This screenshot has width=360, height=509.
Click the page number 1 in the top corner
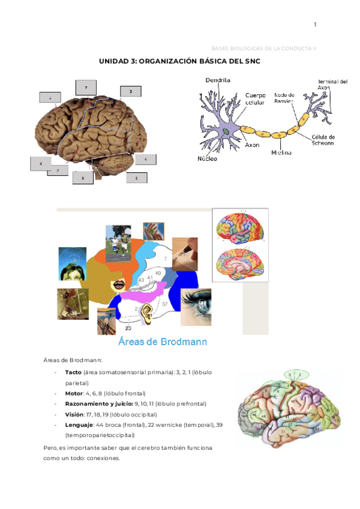click(315, 25)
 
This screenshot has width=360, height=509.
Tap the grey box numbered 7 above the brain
click(86, 88)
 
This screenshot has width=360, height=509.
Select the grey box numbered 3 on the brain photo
click(130, 91)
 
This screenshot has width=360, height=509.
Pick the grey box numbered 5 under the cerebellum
click(137, 178)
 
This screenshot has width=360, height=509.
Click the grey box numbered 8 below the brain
click(83, 178)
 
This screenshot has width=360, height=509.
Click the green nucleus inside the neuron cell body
click(226, 130)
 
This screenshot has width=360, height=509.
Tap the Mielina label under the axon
click(281, 152)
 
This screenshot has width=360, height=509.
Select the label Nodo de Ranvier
click(284, 98)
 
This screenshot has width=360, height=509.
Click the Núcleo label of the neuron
click(208, 159)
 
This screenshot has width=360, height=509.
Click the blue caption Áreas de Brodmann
click(163, 342)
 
